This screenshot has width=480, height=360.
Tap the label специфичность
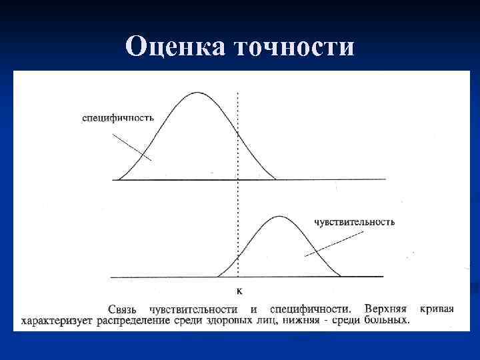point(118,117)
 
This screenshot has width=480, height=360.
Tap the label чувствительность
point(354,222)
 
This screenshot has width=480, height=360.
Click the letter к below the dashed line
point(239,290)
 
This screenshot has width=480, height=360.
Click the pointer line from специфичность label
point(132,147)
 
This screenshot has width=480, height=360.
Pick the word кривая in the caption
point(437,309)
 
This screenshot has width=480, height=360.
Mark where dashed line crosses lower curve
point(239,257)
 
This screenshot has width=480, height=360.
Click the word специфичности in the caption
point(310,309)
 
